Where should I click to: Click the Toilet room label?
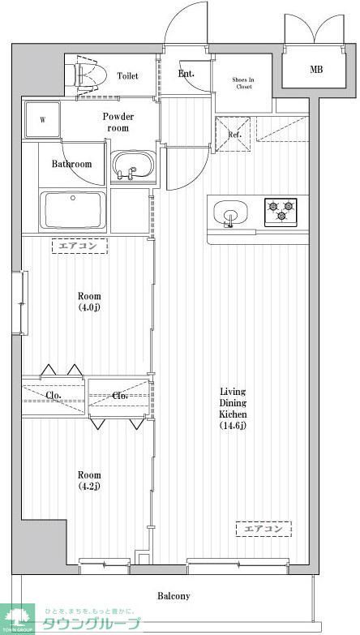(x=127, y=76)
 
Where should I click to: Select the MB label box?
(x=315, y=70)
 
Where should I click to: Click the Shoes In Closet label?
(x=244, y=84)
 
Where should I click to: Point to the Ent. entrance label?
(x=186, y=75)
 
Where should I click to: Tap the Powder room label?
(x=118, y=122)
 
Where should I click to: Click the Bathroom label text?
(x=72, y=164)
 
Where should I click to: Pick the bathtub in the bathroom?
(x=73, y=211)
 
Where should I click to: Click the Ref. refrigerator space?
(x=234, y=135)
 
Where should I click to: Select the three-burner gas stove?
(x=281, y=211)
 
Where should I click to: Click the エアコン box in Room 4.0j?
(x=79, y=245)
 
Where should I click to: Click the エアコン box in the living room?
(x=264, y=529)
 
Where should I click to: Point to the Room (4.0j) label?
(x=89, y=302)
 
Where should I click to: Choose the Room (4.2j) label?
(x=89, y=481)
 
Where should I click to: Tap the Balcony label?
(x=174, y=596)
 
